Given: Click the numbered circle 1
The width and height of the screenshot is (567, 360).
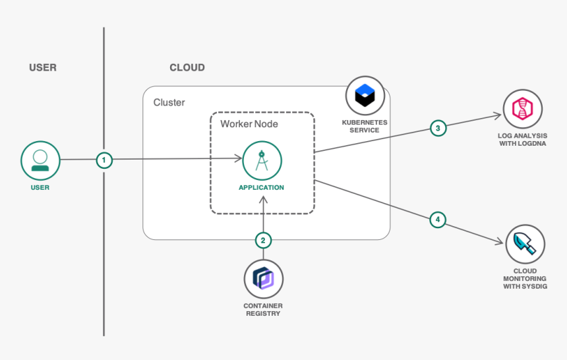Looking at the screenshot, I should [x=104, y=160].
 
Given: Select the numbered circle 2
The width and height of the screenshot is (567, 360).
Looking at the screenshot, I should [x=263, y=241].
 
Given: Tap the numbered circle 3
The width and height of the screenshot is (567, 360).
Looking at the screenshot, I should [x=438, y=128].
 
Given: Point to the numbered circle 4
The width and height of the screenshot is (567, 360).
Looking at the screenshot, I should [x=438, y=220].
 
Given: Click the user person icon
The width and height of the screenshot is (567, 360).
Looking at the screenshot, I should [x=40, y=160].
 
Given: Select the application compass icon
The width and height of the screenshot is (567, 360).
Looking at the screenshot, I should [x=262, y=160].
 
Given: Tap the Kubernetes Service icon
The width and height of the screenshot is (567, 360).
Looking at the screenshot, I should [x=365, y=96].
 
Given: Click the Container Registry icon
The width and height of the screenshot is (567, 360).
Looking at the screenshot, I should [x=263, y=279].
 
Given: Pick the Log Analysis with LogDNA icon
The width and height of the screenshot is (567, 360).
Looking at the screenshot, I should [x=522, y=109].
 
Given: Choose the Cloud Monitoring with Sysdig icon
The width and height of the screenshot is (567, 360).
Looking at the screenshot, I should [x=525, y=245].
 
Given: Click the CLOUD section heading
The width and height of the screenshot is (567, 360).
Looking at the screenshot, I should [x=187, y=67].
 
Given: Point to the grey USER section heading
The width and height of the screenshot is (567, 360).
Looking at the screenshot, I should [x=43, y=67].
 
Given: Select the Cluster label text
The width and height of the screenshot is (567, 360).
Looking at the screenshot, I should [x=169, y=102].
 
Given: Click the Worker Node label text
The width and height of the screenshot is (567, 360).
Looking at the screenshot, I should [x=249, y=124].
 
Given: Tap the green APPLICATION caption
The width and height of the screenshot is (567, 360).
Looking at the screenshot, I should [x=262, y=188].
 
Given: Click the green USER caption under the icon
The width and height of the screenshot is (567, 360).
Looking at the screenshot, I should [x=40, y=188].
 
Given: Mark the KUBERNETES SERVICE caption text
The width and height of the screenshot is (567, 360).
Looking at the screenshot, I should [x=365, y=126].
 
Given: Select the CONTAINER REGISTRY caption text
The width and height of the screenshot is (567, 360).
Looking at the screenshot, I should [x=262, y=310].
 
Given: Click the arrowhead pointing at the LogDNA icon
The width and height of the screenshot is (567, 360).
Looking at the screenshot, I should [x=498, y=116].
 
